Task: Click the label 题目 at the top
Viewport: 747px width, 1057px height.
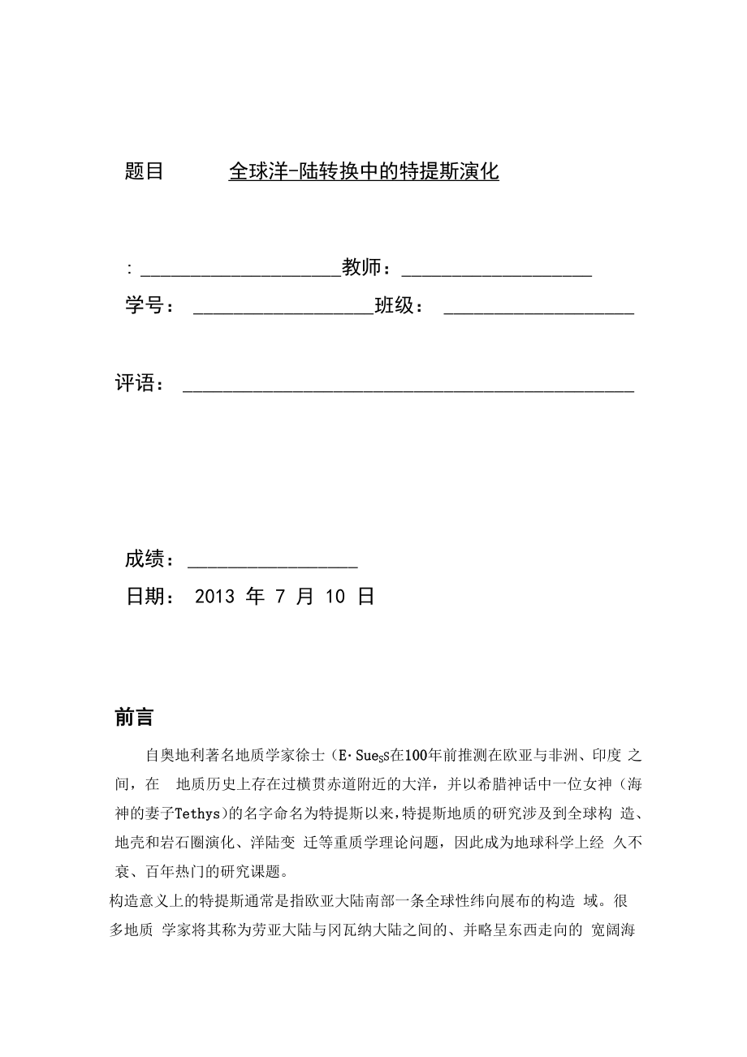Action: [x=145, y=171]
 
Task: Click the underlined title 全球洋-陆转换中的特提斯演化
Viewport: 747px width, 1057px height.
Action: [x=364, y=171]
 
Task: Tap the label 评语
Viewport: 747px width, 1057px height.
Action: [x=136, y=383]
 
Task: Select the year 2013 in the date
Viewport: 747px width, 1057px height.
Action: [x=215, y=597]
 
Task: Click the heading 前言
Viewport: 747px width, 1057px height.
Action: [x=135, y=717]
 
